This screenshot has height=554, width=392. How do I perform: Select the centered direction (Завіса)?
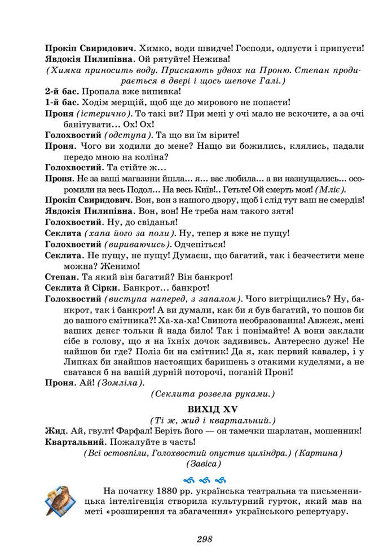point(204,464)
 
